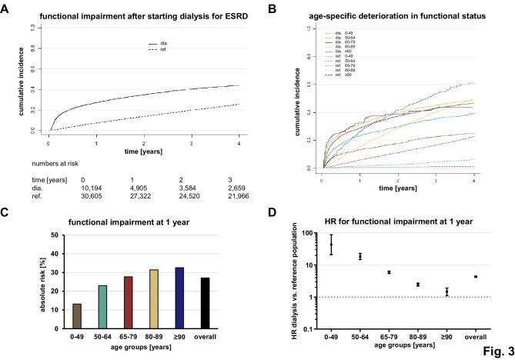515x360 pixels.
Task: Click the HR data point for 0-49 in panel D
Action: [x=331, y=245]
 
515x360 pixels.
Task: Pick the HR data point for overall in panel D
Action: [x=476, y=277]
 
